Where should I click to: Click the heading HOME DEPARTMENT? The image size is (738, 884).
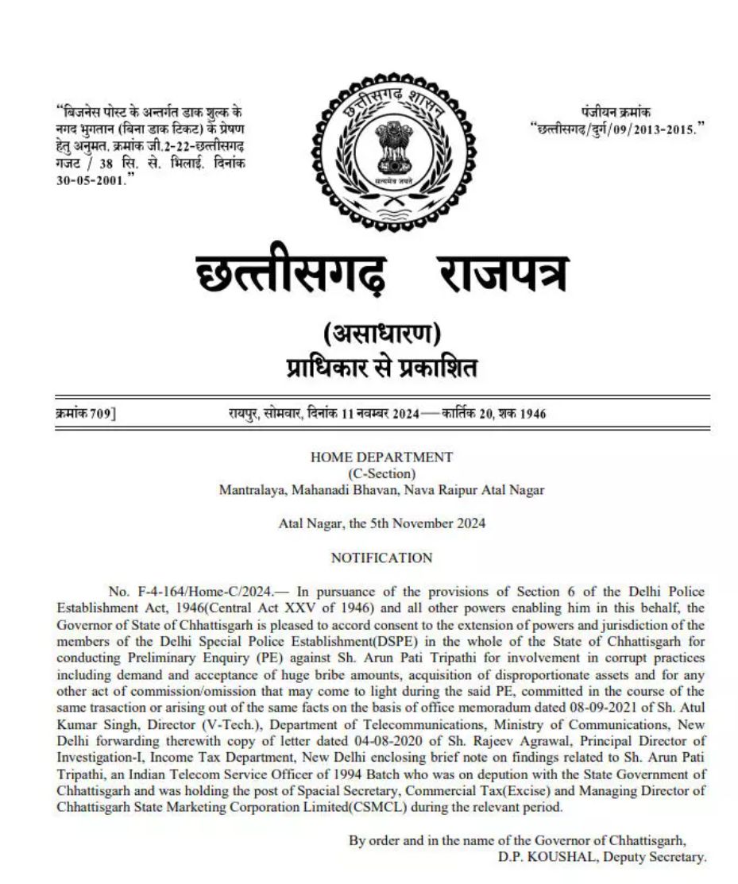(x=381, y=457)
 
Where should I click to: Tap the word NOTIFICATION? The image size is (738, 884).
(x=381, y=558)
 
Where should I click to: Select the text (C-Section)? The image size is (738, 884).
(x=381, y=473)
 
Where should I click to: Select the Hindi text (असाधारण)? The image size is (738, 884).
(x=382, y=334)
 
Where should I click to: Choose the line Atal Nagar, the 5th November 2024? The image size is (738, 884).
(x=381, y=523)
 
